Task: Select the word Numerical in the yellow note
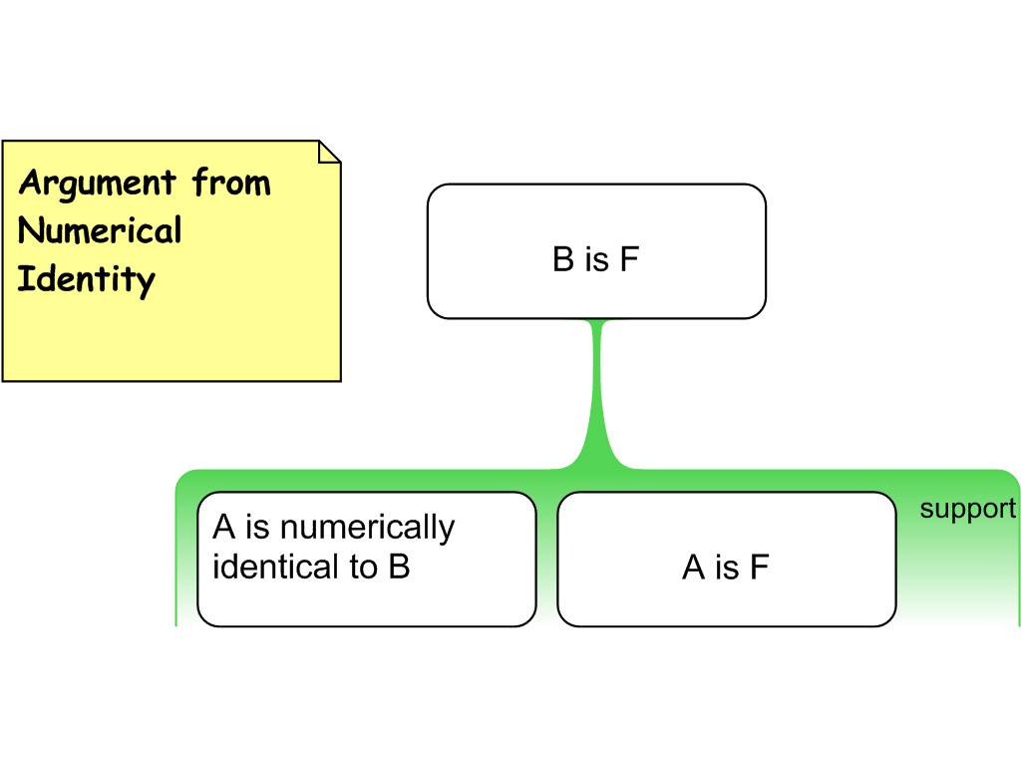tap(100, 230)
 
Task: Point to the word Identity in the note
tap(86, 278)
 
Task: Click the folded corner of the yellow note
tap(329, 152)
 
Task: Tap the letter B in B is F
tap(563, 259)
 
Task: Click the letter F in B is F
tap(628, 259)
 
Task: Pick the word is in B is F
tap(596, 259)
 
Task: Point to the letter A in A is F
tap(694, 568)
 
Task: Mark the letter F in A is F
tap(760, 568)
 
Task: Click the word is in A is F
tap(727, 568)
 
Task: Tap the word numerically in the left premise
tap(366, 527)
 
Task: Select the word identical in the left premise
tap(266, 567)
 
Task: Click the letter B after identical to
tap(399, 567)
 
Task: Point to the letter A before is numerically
tap(223, 527)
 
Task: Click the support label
tap(967, 509)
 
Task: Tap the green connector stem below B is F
tap(598, 389)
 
